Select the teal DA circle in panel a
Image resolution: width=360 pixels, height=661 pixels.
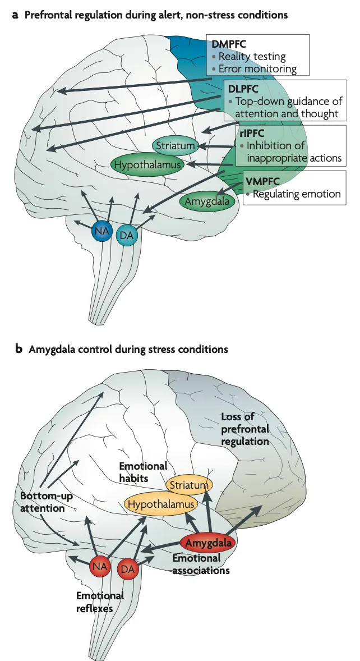(x=127, y=236)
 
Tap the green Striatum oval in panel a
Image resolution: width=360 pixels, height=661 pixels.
(x=175, y=146)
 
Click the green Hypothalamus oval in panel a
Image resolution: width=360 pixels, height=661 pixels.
(x=147, y=164)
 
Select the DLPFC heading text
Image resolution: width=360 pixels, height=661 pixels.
(x=243, y=89)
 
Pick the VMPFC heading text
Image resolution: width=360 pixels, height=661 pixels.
(x=262, y=181)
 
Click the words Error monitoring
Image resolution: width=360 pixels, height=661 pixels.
(x=257, y=69)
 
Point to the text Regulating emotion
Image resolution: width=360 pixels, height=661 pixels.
(x=296, y=195)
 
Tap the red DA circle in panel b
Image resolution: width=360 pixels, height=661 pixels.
(x=128, y=570)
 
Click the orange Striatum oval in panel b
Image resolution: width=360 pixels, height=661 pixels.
(x=190, y=484)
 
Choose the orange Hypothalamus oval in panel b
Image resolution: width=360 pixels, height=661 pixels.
(x=161, y=503)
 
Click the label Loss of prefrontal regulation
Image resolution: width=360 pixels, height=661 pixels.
(x=245, y=429)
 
